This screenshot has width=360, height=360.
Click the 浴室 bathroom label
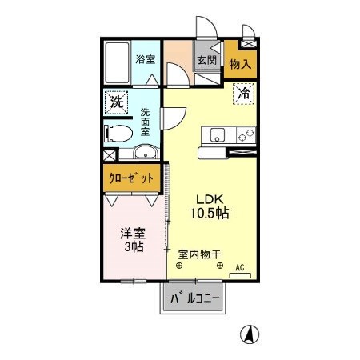click(x=144, y=59)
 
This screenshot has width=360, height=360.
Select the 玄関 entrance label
click(x=206, y=61)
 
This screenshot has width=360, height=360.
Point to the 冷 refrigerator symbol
click(x=245, y=94)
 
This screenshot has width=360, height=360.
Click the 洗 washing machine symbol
click(x=117, y=102)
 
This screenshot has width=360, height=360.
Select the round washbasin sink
click(x=144, y=154)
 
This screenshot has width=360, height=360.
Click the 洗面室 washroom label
click(x=145, y=122)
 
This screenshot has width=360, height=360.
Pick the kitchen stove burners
click(x=244, y=134)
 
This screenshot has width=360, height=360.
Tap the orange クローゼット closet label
click(x=130, y=178)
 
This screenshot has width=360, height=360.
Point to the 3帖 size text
click(x=133, y=247)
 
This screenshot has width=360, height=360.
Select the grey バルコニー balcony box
click(x=196, y=302)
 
